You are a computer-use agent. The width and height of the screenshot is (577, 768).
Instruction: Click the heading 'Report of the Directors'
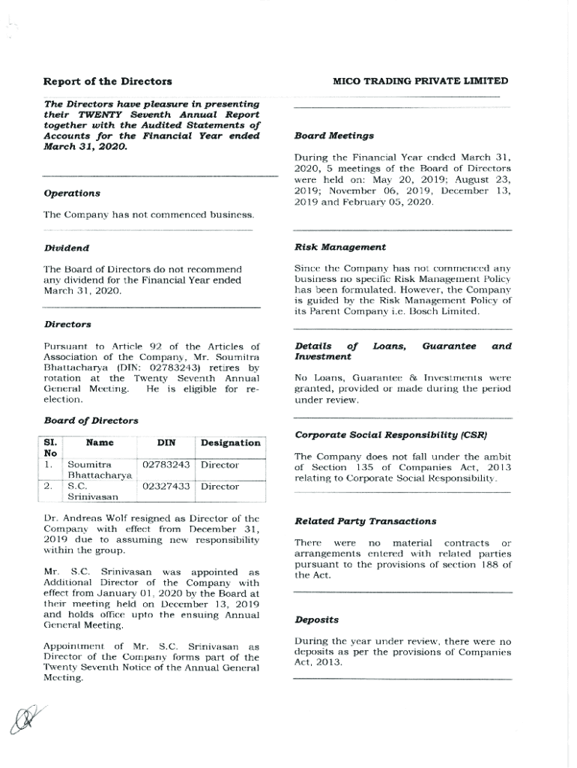tap(107, 81)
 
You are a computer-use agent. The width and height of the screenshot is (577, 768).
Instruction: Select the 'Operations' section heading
tap(72, 193)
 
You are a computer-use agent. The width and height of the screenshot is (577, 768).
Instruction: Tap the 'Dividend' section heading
tap(67, 247)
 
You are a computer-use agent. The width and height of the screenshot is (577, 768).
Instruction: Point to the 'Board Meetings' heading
tap(333, 136)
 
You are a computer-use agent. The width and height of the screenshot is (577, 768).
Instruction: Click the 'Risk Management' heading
tap(340, 247)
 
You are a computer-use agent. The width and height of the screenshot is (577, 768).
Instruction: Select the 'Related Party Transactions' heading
tap(365, 521)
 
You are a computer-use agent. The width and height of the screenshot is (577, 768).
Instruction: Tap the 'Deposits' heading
tap(316, 620)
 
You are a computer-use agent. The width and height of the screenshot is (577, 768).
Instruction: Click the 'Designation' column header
tap(230, 443)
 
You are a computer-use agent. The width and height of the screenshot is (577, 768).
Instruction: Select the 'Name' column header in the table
tap(100, 443)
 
